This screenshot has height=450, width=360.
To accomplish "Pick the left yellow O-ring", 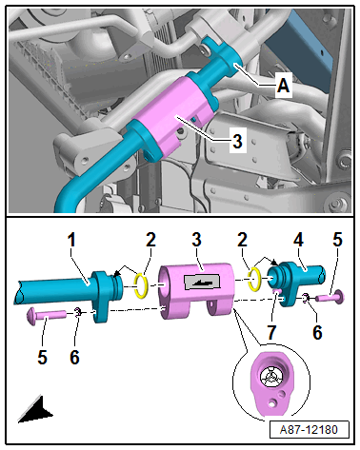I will [139, 284].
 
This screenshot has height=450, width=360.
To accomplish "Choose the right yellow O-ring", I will [255, 278].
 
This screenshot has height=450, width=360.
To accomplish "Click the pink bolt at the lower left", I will [47, 314].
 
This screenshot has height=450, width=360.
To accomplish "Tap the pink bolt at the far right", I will [333, 297].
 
